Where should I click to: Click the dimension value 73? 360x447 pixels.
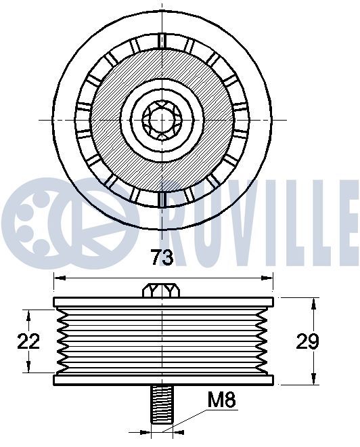[162, 257]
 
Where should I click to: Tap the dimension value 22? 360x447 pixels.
[28, 341]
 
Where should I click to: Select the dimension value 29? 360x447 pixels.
[307, 341]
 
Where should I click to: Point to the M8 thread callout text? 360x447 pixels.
[221, 400]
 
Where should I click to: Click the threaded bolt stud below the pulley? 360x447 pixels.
[162, 404]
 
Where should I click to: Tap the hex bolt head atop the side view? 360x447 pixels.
[161, 291]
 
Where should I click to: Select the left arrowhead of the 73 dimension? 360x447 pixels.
[60, 278]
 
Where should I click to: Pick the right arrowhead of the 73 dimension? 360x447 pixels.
[267, 278]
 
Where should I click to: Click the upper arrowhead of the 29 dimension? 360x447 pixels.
[313, 304]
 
